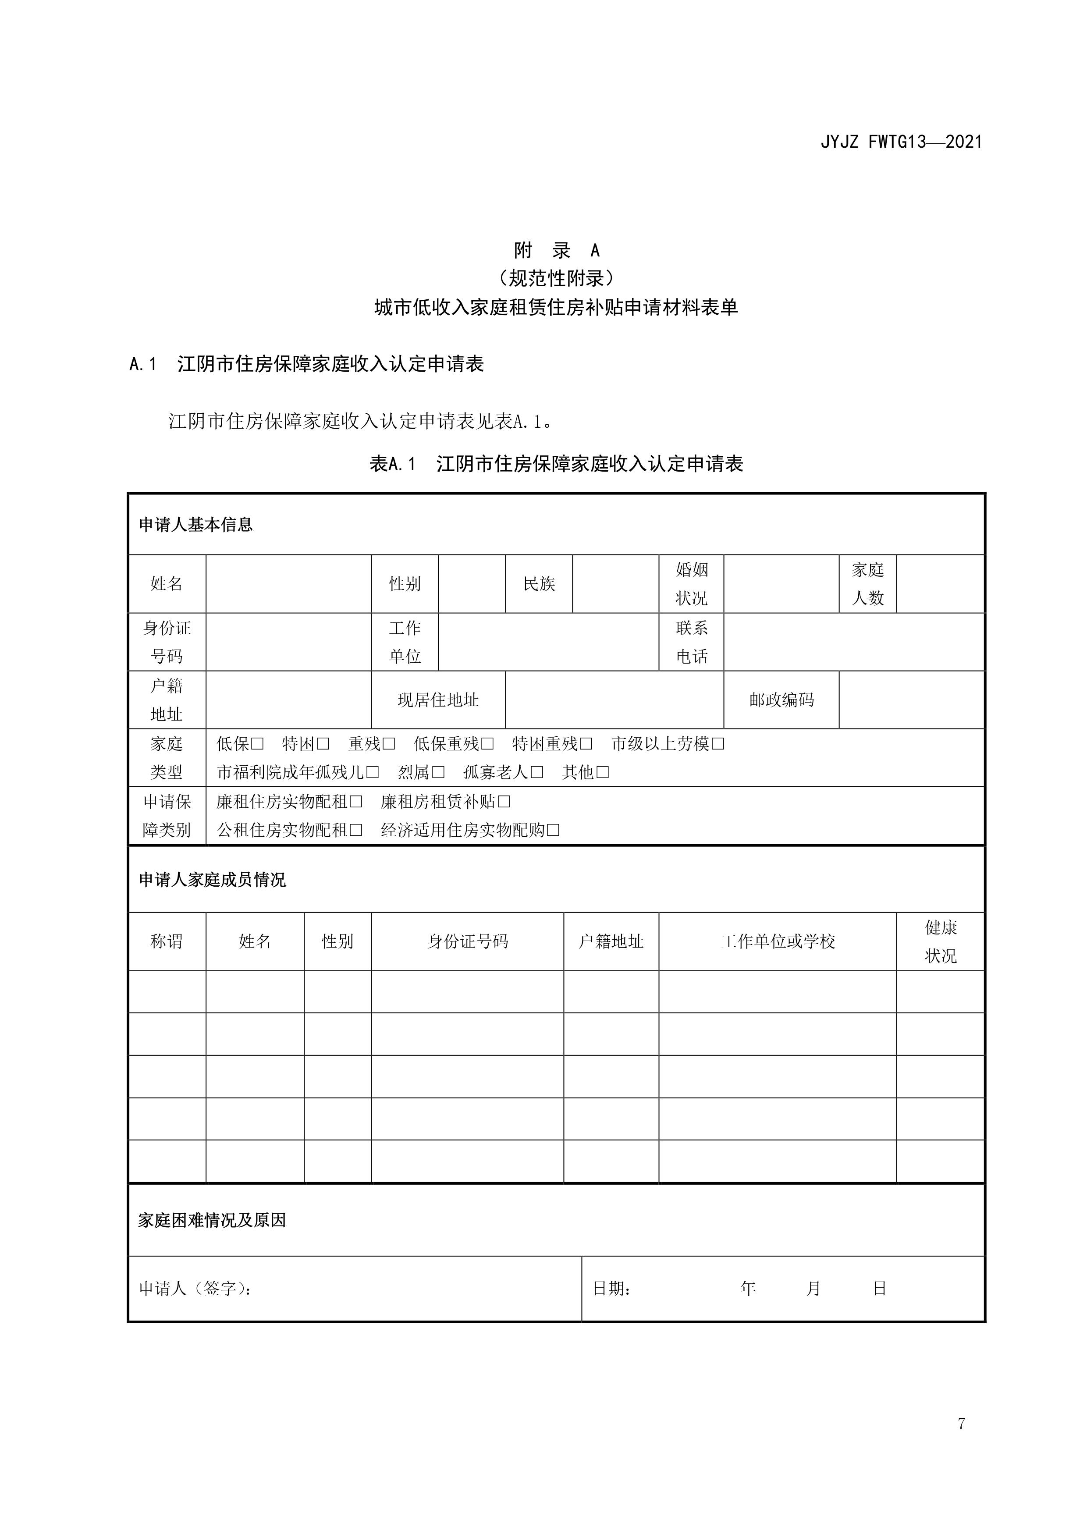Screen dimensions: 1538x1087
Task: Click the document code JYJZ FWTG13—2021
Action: (901, 142)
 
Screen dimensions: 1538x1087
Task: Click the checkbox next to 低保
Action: (258, 744)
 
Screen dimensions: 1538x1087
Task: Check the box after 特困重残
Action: (586, 744)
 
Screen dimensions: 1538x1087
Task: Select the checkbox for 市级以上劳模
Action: (718, 744)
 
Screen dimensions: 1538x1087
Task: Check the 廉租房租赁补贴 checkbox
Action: (504, 802)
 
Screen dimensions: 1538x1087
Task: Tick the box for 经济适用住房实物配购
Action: (553, 831)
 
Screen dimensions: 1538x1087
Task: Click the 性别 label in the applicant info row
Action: (405, 584)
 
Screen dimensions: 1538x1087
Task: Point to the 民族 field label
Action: (539, 584)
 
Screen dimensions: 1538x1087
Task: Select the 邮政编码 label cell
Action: (782, 700)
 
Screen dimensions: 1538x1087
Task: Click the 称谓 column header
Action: (167, 942)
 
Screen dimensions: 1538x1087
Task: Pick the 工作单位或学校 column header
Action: (778, 942)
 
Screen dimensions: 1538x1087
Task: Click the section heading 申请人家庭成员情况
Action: (212, 880)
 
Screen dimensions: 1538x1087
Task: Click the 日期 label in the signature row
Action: (611, 1288)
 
